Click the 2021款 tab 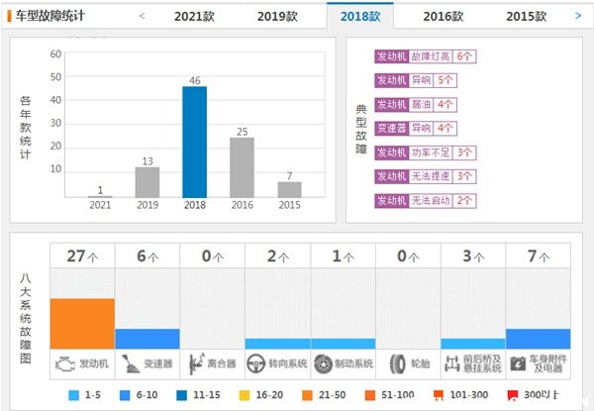tap(194, 16)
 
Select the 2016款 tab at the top tap(443, 16)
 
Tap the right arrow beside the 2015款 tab tap(578, 15)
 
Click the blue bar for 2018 tap(195, 142)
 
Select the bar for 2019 tap(148, 181)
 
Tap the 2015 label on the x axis tap(289, 205)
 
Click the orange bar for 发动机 tap(82, 323)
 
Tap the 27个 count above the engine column tap(82, 255)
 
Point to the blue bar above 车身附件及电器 tap(538, 339)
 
